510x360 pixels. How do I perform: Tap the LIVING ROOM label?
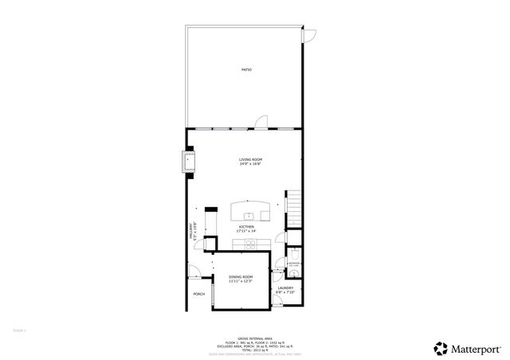point(250,160)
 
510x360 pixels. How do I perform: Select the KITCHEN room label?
point(246,227)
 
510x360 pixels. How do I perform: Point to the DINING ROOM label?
point(241,276)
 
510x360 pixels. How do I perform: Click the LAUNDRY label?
point(285,288)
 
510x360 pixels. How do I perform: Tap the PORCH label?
point(198,294)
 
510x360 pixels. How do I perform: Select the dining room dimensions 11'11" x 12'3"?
point(241,282)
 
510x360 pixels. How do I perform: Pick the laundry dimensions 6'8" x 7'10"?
point(285,293)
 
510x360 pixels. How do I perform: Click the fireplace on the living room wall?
point(189,162)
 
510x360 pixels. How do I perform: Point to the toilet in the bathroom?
point(292,254)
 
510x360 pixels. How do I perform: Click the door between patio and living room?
point(261,122)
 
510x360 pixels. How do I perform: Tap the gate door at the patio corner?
point(311,36)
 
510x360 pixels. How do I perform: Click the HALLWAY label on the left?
point(191,231)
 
